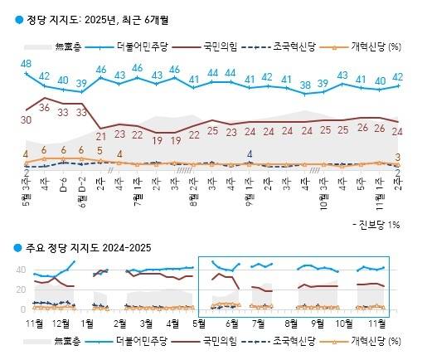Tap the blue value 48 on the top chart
27,64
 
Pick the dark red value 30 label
27,120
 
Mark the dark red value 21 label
101,135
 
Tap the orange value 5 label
101,150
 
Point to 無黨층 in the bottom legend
70,340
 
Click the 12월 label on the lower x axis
61,321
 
